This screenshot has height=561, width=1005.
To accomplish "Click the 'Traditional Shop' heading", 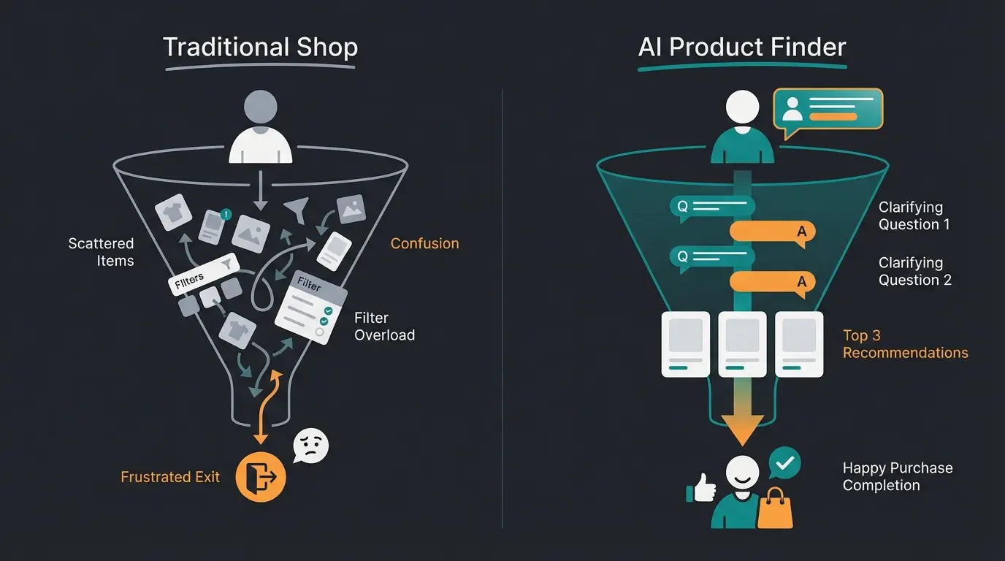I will tap(260, 47).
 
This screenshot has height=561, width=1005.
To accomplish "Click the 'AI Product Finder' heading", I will tap(742, 47).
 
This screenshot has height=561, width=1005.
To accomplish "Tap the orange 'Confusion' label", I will tap(424, 244).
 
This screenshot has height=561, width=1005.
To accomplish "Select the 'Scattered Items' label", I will tap(101, 252).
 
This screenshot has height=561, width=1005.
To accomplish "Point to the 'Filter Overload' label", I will tap(384, 327).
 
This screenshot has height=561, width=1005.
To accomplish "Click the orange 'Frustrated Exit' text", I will tap(170, 477).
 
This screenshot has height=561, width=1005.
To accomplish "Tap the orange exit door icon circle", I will tap(261, 477).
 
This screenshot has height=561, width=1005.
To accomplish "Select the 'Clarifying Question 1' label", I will tap(914, 216).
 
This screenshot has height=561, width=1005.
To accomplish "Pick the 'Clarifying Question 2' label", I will tap(914, 272).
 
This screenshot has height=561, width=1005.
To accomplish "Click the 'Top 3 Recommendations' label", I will tap(905, 344).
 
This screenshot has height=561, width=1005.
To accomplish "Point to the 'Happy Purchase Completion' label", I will tap(898, 477).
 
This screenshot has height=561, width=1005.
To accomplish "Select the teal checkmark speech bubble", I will tap(784, 464).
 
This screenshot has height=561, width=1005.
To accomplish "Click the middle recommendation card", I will tap(742, 344).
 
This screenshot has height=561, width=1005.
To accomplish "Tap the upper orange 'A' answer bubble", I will tap(772, 232).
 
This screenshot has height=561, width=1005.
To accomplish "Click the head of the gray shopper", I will tap(260, 107).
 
